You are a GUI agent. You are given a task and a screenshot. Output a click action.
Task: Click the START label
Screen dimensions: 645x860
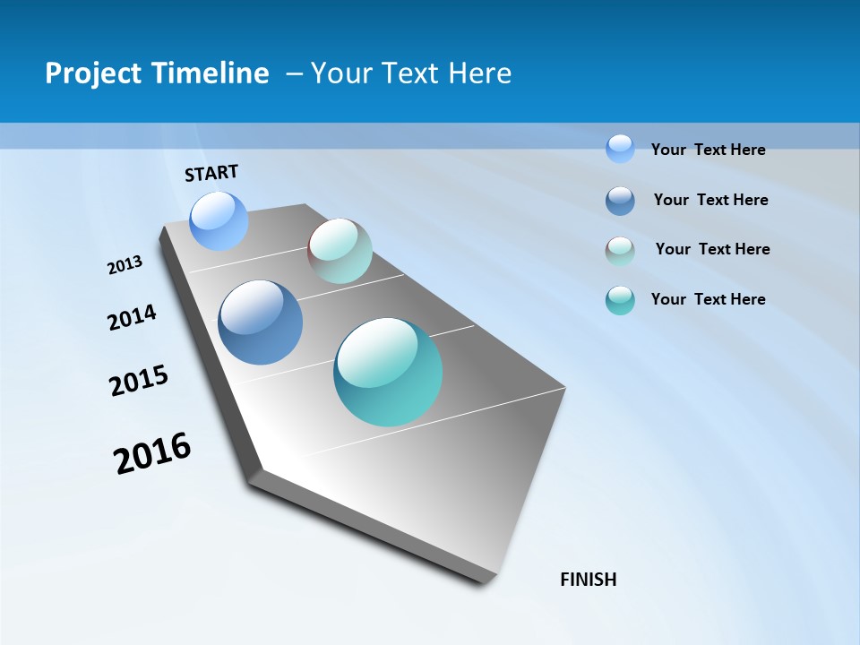pyautogui.click(x=211, y=173)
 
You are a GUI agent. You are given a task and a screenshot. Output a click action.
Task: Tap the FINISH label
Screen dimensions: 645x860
pyautogui.click(x=588, y=580)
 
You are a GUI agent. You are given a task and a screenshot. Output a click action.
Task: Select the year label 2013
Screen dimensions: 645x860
pyautogui.click(x=125, y=265)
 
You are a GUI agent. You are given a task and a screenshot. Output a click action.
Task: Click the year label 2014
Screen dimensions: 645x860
pyautogui.click(x=132, y=317)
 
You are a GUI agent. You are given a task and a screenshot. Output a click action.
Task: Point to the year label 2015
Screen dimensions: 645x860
pyautogui.click(x=139, y=381)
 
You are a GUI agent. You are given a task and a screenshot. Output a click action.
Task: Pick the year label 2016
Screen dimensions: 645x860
pyautogui.click(x=152, y=452)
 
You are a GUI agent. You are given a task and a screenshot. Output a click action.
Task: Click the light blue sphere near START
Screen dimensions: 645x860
pyautogui.click(x=219, y=220)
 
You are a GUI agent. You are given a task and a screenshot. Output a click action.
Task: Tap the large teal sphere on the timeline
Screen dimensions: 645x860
pyautogui.click(x=388, y=372)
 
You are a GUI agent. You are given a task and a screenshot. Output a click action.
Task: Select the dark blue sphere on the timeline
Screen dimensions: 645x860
pyautogui.click(x=260, y=322)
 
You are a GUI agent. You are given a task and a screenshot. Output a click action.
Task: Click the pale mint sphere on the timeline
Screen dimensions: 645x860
pyautogui.click(x=340, y=251)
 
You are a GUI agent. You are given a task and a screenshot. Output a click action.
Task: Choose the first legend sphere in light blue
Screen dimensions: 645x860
pyautogui.click(x=620, y=149)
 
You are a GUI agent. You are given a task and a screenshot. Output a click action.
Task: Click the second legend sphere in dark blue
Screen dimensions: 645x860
pyautogui.click(x=620, y=201)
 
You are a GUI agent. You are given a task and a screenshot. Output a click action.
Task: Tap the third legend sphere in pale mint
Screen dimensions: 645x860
pyautogui.click(x=620, y=251)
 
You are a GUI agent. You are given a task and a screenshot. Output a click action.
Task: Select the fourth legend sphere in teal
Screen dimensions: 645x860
pyautogui.click(x=620, y=300)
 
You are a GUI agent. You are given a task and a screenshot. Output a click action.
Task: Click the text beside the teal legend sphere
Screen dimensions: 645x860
pyautogui.click(x=708, y=299)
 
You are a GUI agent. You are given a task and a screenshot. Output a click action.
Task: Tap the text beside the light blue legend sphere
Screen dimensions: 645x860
pyautogui.click(x=708, y=150)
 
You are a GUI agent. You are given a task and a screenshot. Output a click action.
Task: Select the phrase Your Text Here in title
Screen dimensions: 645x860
pyautogui.click(x=411, y=73)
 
